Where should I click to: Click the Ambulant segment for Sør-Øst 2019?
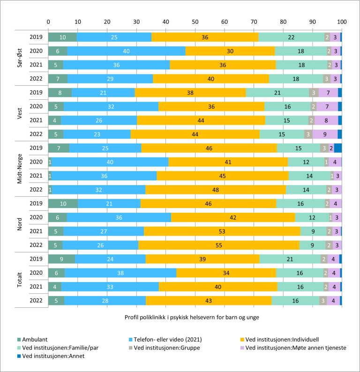[x=62, y=37]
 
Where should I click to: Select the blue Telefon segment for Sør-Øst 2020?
[x=126, y=51]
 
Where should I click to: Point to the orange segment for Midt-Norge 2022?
[x=215, y=189]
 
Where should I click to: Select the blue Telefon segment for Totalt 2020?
[x=120, y=272]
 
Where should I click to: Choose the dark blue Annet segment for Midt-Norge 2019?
[x=338, y=148]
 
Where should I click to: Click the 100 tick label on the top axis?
[x=342, y=22]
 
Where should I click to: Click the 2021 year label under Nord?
[x=36, y=231]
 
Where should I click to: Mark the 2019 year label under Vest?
[x=36, y=92]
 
